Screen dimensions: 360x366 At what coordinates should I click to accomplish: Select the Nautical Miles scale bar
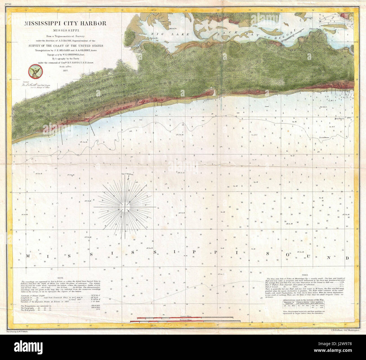click(185, 321)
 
